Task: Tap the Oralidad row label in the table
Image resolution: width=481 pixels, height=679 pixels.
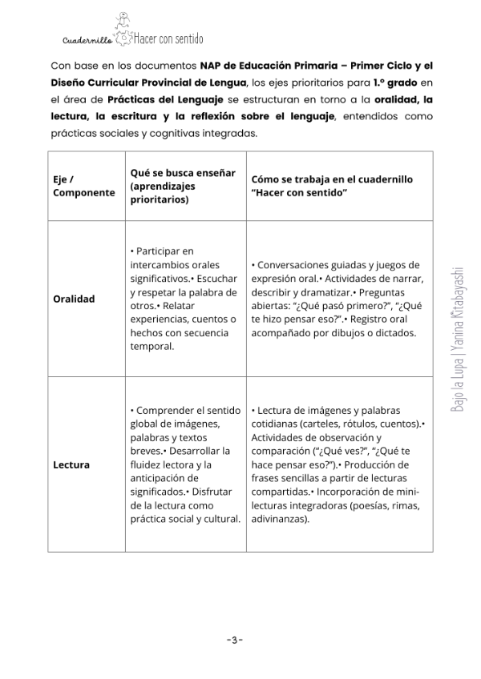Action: [x=74, y=299]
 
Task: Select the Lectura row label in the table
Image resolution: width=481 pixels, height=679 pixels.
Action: [x=71, y=464]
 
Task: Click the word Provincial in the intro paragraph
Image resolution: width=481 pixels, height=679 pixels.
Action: [x=171, y=82]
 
